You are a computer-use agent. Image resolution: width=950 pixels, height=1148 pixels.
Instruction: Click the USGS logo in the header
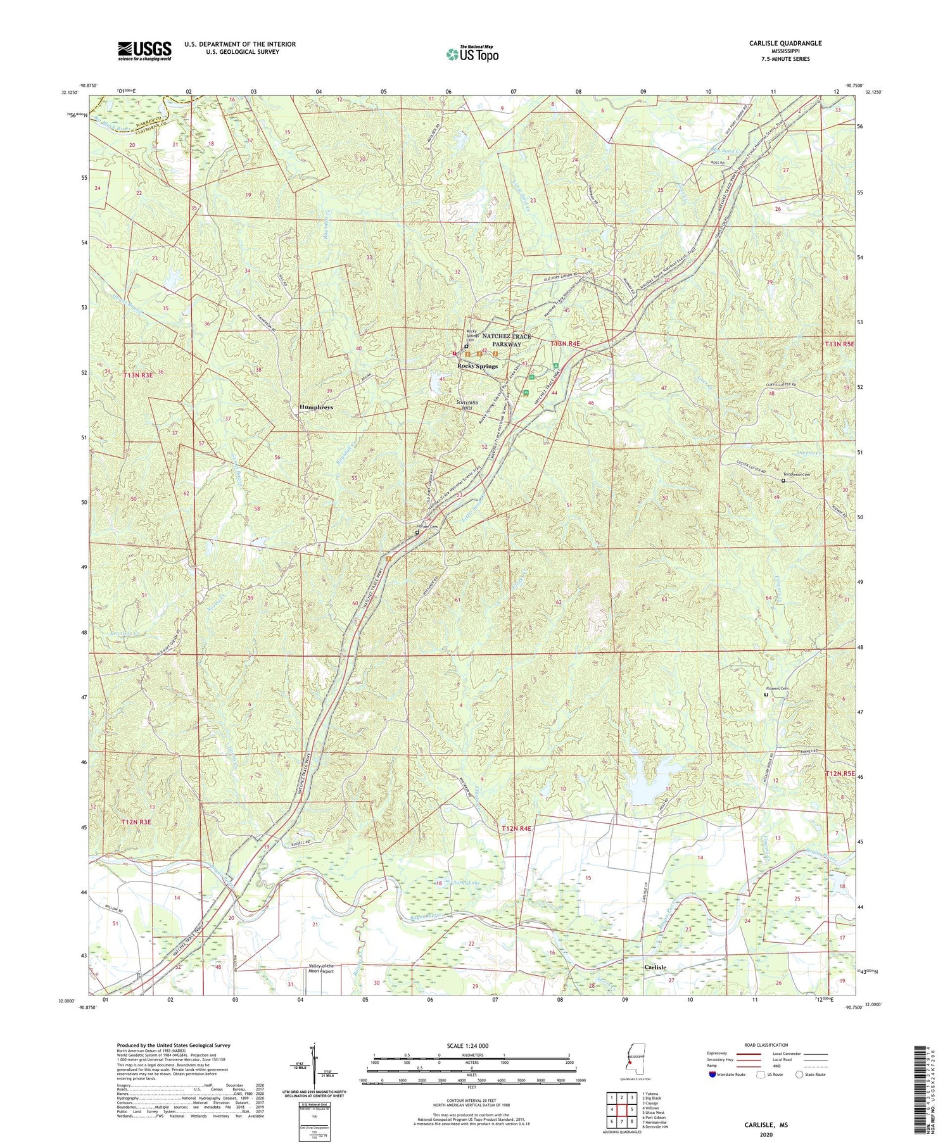(x=144, y=51)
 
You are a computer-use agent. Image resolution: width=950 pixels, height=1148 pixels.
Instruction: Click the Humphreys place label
(x=316, y=407)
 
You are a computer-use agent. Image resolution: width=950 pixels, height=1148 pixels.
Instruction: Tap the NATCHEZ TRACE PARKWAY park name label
(x=507, y=340)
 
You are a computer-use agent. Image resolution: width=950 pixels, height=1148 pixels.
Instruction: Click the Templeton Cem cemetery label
(x=797, y=474)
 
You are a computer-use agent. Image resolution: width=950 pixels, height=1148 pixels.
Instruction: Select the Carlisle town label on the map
(x=655, y=968)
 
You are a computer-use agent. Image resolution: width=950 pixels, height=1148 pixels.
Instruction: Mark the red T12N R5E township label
(x=840, y=774)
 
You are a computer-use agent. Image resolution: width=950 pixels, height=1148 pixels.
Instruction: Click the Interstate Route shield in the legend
(x=714, y=1074)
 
